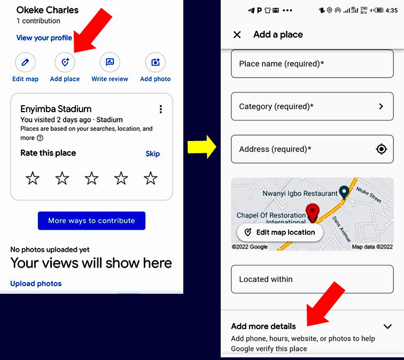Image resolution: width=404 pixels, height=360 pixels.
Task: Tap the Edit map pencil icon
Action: pos(25,62)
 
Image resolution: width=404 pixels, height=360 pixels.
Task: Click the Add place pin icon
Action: pos(65,62)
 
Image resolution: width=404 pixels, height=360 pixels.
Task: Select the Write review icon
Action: pos(110,62)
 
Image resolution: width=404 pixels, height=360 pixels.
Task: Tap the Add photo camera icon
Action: pos(156,62)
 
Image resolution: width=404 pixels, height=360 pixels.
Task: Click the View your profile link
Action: pos(44,38)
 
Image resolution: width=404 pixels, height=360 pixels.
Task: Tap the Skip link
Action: pos(152,154)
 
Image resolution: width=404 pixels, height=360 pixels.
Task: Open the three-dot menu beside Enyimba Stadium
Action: pos(161,109)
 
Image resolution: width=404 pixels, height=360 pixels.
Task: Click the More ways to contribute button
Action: pos(91,221)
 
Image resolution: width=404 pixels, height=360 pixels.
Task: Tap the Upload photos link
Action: pos(36,284)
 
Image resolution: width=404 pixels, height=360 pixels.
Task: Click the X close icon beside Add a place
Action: pos(237,35)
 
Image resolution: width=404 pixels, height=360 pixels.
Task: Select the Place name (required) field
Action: pos(312,64)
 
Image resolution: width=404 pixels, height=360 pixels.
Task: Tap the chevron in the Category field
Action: pos(381,106)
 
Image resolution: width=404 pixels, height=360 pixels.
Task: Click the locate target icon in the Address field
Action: pos(382,149)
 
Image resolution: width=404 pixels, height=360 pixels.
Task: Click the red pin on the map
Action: pos(313,213)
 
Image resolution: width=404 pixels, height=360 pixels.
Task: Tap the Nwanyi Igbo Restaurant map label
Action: pos(300,193)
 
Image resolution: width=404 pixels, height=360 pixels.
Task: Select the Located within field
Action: pos(312,279)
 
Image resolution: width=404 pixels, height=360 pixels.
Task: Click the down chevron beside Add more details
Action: pos(387,326)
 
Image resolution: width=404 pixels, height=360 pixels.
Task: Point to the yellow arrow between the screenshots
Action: pos(202,147)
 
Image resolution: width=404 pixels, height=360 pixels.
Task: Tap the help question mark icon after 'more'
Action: pos(40,138)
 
